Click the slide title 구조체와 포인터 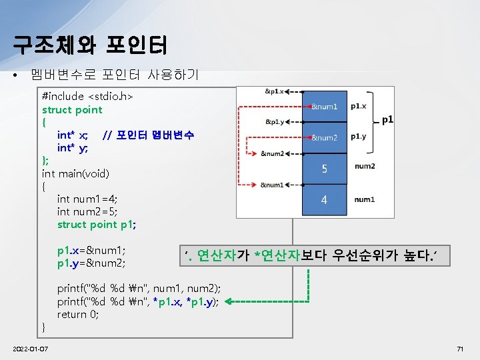click(91, 45)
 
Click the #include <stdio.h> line click(88, 97)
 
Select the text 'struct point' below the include click(72, 109)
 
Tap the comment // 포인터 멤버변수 click(149, 135)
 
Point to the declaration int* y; click(72, 148)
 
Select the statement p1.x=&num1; click(92, 251)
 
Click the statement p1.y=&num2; click(92, 263)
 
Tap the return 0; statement click(78, 314)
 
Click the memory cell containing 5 click(325, 169)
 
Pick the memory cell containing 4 click(325, 199)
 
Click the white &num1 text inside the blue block click(325, 107)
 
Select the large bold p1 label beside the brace click(387, 121)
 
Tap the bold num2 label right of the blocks click(365, 167)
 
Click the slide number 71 click(459, 350)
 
